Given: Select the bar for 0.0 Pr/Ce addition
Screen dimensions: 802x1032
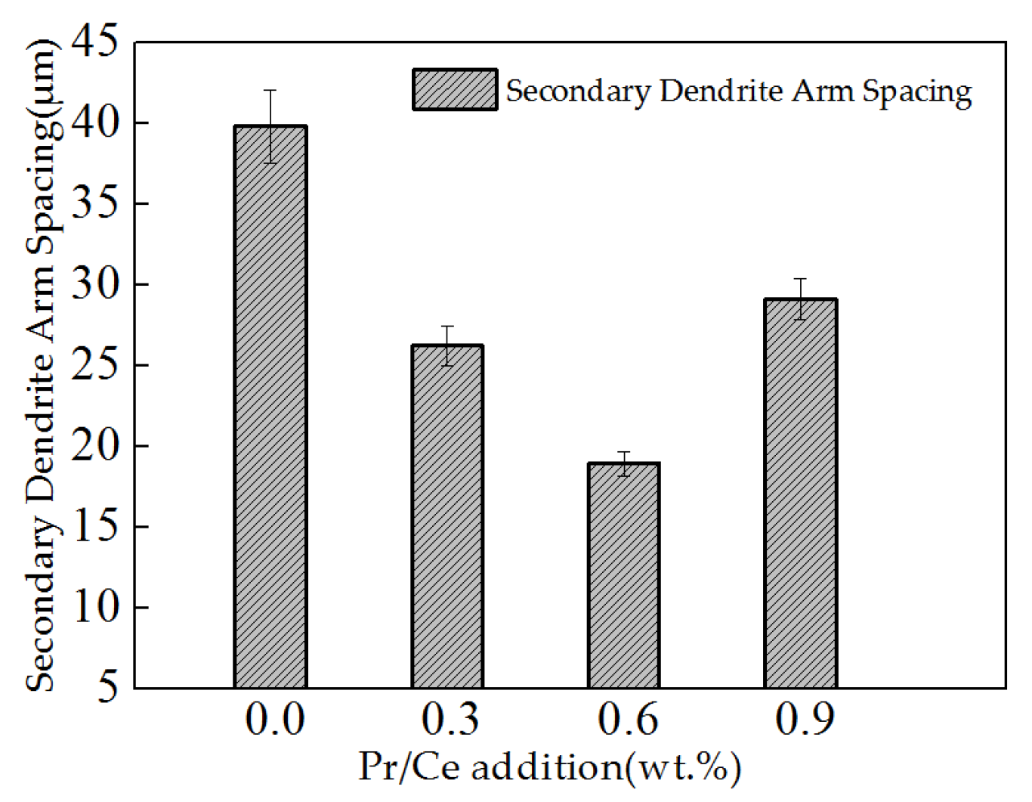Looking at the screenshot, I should (270, 408).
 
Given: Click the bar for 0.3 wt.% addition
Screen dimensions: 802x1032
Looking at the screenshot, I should (447, 517).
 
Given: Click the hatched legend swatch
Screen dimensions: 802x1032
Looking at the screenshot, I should (455, 90).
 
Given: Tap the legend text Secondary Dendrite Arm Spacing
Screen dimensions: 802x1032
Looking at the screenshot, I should (738, 91).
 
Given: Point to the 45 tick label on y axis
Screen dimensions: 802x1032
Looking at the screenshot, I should (95, 42).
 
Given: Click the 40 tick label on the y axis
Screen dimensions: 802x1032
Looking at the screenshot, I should (95, 123).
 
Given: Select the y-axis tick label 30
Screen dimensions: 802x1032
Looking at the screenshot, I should (95, 285).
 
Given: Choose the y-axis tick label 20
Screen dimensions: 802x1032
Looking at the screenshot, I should (95, 447).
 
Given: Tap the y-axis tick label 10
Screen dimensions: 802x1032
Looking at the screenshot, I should (95, 608).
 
